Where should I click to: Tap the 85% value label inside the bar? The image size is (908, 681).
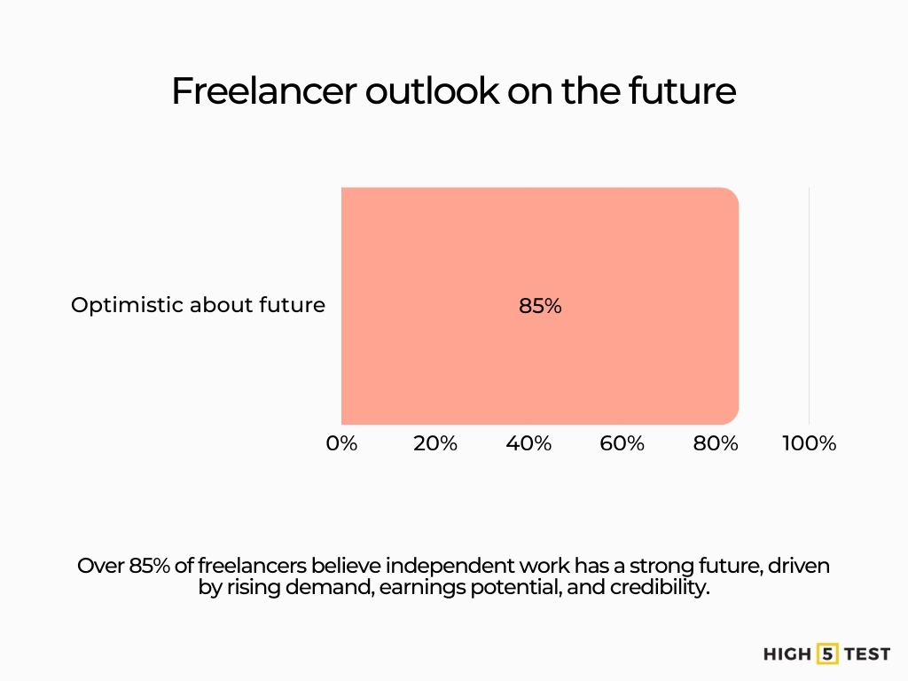click(x=540, y=307)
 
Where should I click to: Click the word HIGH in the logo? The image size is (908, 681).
click(x=787, y=655)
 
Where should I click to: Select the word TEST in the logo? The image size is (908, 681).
click(x=866, y=655)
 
